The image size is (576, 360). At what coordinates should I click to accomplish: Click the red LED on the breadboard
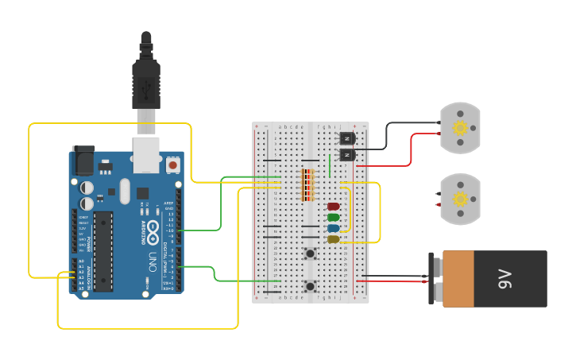click(334, 207)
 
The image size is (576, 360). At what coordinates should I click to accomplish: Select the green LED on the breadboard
click(334, 217)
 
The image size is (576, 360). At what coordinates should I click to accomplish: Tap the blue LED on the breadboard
click(334, 228)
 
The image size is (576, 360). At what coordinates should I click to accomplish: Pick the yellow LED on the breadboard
click(334, 238)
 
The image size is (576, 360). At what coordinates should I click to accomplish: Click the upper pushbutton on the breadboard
click(310, 254)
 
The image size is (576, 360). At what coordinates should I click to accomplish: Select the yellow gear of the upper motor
click(460, 128)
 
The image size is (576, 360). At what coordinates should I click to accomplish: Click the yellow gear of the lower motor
click(460, 199)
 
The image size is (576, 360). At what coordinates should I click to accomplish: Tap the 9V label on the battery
click(504, 278)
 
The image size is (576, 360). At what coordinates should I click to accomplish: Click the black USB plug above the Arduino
click(146, 79)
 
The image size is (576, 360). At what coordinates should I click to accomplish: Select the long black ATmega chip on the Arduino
click(102, 251)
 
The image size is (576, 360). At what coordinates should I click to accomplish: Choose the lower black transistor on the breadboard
click(347, 154)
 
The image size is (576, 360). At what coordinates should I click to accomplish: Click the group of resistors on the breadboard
click(307, 185)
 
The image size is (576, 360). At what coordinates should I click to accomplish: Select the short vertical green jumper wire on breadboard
click(330, 166)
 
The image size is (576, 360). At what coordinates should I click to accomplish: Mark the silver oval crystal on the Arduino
click(124, 191)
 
